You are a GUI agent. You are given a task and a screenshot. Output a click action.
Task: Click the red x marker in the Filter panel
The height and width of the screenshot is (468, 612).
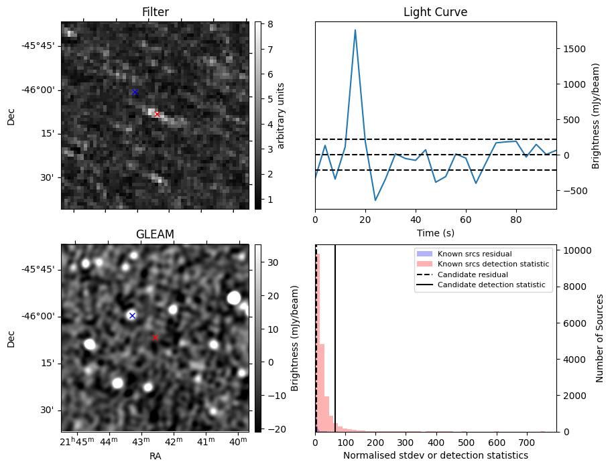157,114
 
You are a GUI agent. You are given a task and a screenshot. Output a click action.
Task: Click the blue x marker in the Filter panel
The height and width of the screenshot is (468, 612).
135,92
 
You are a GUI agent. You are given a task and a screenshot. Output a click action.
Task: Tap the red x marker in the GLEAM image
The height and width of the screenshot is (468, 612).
155,338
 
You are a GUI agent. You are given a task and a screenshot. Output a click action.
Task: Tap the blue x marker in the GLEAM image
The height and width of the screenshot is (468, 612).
132,315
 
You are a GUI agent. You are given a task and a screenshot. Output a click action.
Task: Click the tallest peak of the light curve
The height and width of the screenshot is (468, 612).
355,30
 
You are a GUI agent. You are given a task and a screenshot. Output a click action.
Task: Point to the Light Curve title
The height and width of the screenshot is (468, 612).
435,12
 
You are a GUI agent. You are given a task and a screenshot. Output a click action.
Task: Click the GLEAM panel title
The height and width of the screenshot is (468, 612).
155,234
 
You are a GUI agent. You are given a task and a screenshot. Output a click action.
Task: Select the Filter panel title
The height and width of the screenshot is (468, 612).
155,12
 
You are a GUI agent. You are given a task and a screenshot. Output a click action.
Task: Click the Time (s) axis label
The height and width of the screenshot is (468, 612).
435,232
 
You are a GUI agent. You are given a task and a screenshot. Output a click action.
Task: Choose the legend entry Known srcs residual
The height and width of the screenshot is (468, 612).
474,254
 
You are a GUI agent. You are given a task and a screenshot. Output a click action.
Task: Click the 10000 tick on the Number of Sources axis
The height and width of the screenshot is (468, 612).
578,250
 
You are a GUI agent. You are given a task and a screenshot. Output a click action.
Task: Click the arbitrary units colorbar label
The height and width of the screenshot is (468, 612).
281,115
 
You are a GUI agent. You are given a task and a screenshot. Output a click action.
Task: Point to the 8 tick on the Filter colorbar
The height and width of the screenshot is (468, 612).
267,24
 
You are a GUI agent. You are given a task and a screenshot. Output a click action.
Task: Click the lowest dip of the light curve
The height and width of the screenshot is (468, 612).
375,200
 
